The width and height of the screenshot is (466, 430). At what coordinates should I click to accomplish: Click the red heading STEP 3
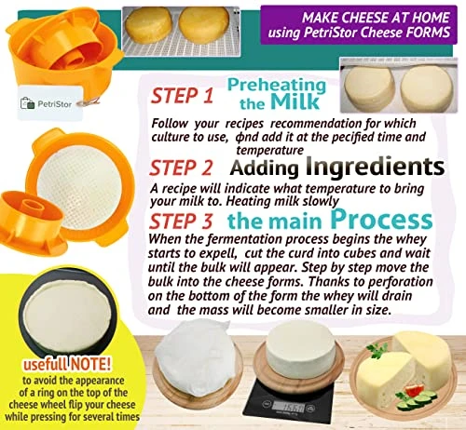tap(185, 221)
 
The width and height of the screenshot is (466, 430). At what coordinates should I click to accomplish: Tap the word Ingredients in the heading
tap(365, 167)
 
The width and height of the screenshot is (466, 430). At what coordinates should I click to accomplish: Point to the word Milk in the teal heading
tap(280, 103)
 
